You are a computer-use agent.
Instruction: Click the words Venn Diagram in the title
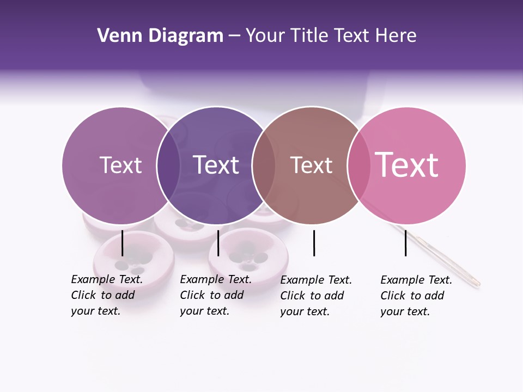pos(160,36)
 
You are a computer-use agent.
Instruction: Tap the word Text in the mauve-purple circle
pos(120,165)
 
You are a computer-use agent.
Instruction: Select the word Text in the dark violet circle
pos(216,165)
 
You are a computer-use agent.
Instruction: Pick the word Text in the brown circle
pos(311,165)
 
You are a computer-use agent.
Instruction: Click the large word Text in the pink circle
pos(407,165)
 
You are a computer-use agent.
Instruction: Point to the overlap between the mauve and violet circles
pos(168,165)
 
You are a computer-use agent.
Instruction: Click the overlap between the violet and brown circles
pos(264,165)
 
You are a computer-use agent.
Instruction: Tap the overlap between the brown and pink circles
pos(358,165)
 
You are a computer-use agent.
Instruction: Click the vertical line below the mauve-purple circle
pos(123,243)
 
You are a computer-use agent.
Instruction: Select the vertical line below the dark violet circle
pos(218,243)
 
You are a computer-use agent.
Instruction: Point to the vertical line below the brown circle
pos(314,243)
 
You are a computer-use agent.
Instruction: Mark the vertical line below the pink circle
pos(405,243)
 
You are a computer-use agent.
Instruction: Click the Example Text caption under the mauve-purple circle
pos(106,295)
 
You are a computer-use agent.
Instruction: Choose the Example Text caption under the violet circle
pos(215,295)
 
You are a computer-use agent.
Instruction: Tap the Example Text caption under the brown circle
pos(315,295)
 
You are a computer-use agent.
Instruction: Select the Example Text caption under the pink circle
pos(416,295)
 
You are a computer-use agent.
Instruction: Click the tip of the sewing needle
pos(478,283)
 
